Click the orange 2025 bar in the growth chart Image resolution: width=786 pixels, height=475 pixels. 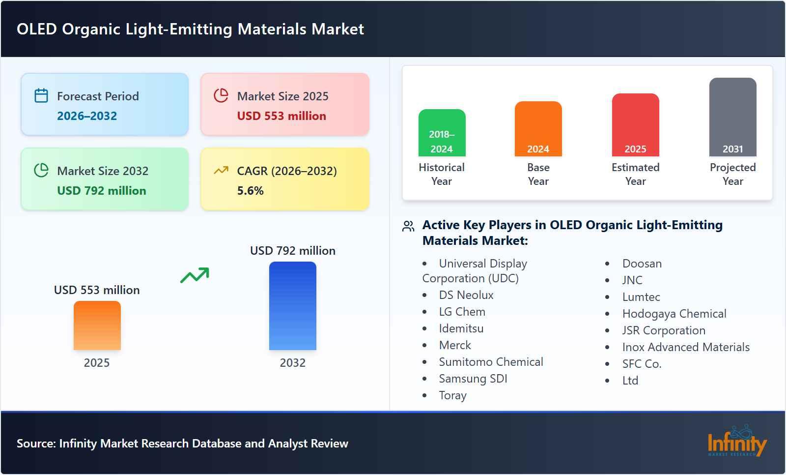click(x=97, y=326)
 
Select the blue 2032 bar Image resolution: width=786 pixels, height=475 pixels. click(x=292, y=306)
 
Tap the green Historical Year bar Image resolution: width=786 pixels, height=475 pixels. click(x=442, y=133)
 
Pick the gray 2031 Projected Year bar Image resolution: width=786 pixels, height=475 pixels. click(x=732, y=117)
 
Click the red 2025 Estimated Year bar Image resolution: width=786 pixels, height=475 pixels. click(x=635, y=125)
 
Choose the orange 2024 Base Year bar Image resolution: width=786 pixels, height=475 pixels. click(x=538, y=129)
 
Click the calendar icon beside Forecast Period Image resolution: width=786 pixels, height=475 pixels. click(x=41, y=95)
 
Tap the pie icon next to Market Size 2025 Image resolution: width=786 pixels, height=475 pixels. click(x=221, y=95)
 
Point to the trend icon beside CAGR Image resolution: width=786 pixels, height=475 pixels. click(x=221, y=171)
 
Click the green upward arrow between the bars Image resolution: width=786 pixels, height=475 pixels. click(x=195, y=275)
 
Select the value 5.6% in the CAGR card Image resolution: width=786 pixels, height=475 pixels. click(x=250, y=191)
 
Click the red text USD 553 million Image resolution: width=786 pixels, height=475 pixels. click(x=281, y=116)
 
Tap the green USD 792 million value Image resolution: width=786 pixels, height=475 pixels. click(x=102, y=191)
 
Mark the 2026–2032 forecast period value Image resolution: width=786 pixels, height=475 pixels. click(x=87, y=116)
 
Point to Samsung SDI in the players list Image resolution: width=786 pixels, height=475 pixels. click(x=473, y=379)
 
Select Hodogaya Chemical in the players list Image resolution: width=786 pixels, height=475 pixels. click(x=674, y=314)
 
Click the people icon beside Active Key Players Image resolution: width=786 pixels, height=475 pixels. click(x=408, y=226)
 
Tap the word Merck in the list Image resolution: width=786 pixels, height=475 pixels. click(x=455, y=345)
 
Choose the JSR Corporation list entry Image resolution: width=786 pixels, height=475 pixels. click(x=664, y=330)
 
